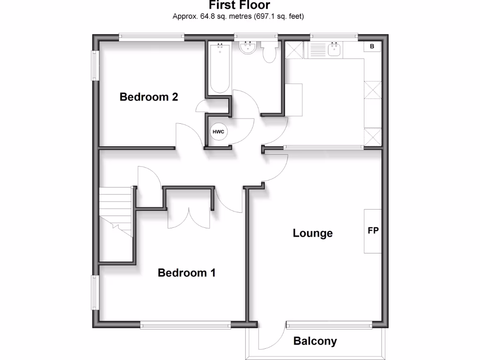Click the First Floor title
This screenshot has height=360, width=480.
[x=240, y=6]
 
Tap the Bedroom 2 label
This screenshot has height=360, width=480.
[x=149, y=97]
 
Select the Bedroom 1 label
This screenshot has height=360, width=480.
[x=187, y=273]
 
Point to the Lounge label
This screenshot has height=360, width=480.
[x=313, y=233]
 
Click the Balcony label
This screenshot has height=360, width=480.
[x=315, y=341]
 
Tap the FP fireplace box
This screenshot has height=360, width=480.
[x=373, y=231]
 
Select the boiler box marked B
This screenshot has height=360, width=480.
[x=372, y=46]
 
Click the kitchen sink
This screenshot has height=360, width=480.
[x=334, y=50]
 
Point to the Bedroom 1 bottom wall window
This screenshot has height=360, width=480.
[x=185, y=323]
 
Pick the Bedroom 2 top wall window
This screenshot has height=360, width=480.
[x=151, y=37]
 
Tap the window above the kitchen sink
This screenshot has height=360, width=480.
[x=334, y=37]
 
